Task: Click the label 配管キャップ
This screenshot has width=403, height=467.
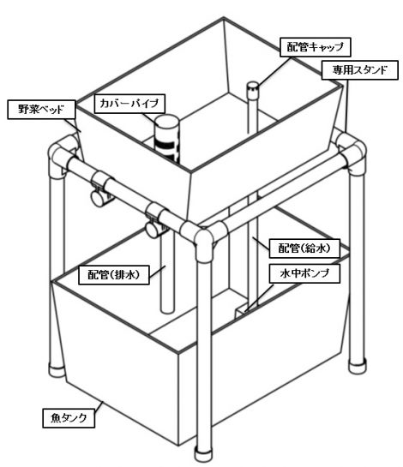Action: [316, 47]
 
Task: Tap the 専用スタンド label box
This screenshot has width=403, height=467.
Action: [360, 70]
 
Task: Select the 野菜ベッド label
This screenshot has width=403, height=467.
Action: [41, 110]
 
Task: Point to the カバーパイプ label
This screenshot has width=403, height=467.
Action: [130, 104]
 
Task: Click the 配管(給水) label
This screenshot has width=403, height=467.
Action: [304, 248]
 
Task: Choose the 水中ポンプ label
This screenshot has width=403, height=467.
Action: [304, 273]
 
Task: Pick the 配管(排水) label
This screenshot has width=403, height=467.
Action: [113, 275]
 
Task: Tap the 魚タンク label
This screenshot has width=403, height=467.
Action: [69, 418]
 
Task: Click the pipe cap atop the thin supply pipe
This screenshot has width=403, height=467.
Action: [253, 88]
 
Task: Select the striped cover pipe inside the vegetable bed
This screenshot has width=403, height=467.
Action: [166, 140]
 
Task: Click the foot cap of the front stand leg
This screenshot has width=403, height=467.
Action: [204, 454]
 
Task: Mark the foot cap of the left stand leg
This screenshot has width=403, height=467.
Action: [57, 370]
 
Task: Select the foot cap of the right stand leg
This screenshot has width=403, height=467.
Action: [357, 366]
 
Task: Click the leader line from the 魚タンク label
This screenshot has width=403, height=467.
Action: [99, 405]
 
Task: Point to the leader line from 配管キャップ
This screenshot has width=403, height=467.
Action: [274, 71]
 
